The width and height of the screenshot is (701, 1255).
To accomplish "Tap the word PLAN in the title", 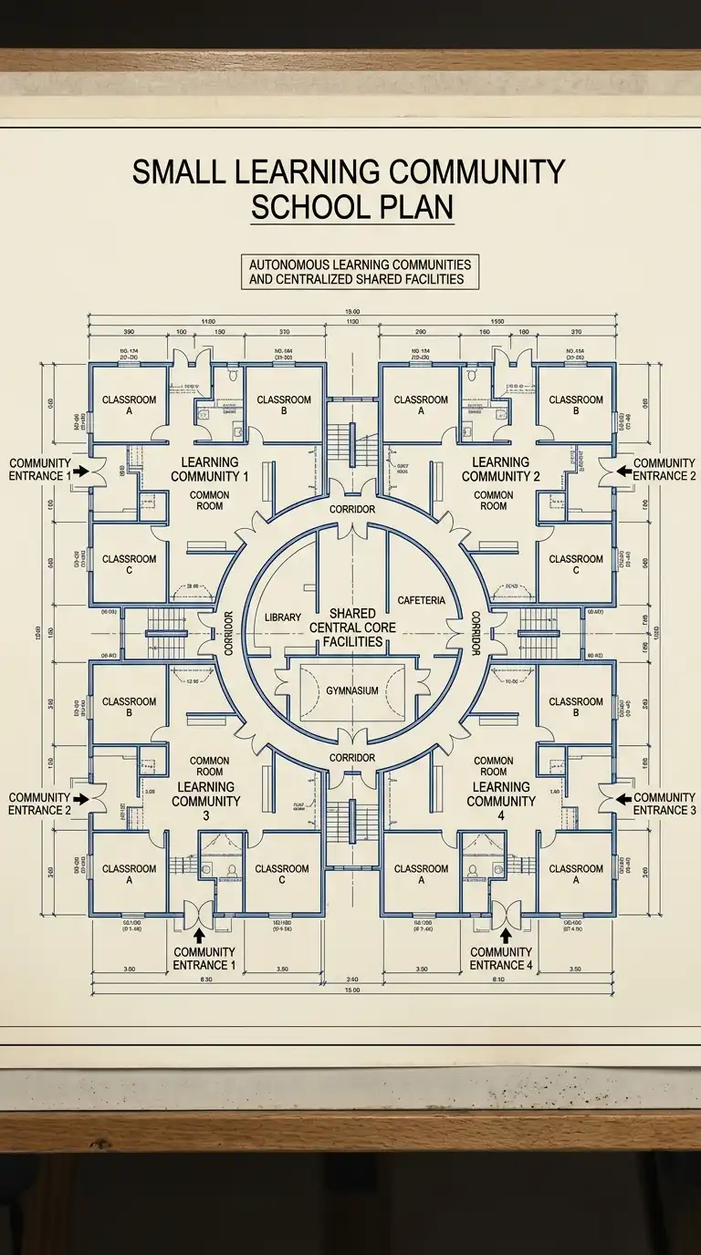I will (x=415, y=207).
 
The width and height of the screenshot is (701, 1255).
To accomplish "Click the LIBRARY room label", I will (x=282, y=617).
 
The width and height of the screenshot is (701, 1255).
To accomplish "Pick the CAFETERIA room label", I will (x=422, y=600).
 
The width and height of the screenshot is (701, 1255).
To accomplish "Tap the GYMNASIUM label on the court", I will (x=351, y=691).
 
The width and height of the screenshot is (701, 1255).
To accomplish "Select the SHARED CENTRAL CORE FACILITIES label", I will (x=351, y=627).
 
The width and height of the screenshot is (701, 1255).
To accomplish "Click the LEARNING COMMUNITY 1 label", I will (x=210, y=470).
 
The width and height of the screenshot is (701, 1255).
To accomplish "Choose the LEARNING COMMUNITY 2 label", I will (x=501, y=470).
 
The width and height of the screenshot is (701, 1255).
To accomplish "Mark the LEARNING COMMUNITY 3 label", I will (x=206, y=794).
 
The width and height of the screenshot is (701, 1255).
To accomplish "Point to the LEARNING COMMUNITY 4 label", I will (x=501, y=794).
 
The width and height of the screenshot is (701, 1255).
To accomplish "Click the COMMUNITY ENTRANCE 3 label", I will (x=664, y=804).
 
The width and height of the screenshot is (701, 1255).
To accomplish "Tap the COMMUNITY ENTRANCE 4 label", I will (x=501, y=959).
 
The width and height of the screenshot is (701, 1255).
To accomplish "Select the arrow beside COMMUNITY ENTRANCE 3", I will (x=623, y=799).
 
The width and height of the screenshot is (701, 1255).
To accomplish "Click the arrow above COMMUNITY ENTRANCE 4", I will (x=502, y=933).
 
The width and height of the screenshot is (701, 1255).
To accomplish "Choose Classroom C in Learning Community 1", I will (x=129, y=565).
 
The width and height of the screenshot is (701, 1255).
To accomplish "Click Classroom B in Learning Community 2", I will (x=576, y=405).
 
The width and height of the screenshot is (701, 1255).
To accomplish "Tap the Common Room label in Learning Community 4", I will (x=494, y=766).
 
